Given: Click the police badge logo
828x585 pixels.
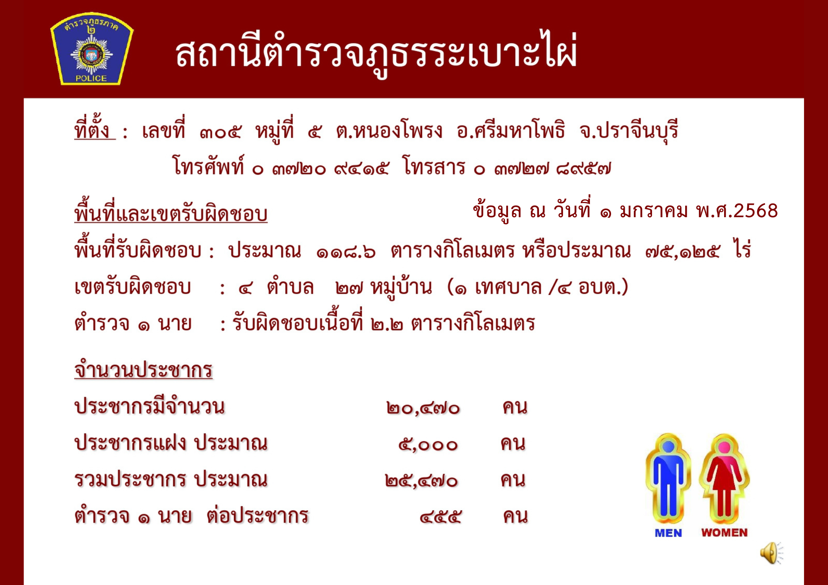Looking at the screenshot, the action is (x=91, y=48).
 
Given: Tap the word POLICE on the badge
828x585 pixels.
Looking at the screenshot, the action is (x=91, y=78).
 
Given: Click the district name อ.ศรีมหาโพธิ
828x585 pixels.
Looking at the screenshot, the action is (x=511, y=130).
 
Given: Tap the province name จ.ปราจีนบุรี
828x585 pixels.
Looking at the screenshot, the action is (x=628, y=131).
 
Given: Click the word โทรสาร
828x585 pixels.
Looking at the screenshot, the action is (x=434, y=166).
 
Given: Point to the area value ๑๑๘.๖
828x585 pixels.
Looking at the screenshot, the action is (x=346, y=252).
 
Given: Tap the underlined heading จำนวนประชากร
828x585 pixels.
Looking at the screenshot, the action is (x=143, y=369).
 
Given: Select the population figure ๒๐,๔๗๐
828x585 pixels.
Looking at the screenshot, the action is (x=423, y=408).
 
